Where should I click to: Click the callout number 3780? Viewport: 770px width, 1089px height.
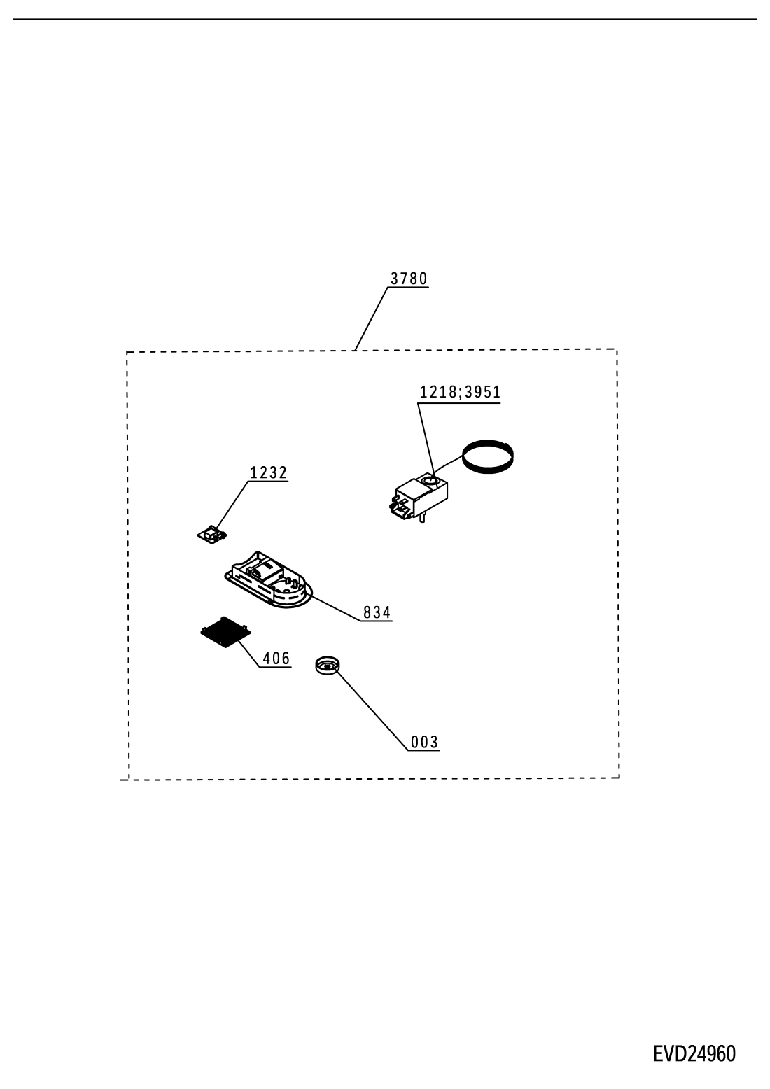[x=409, y=279]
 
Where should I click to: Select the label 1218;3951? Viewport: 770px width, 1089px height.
[x=460, y=392]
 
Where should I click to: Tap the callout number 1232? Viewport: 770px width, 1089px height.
[x=268, y=472]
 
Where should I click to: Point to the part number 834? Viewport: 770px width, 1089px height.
[x=377, y=612]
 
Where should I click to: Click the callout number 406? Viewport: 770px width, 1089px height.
[x=276, y=659]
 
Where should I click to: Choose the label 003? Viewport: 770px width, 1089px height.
[x=424, y=743]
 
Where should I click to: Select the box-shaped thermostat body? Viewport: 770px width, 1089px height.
[x=419, y=497]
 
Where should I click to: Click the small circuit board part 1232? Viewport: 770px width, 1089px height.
[x=212, y=534]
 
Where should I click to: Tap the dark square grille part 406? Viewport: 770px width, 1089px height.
[x=225, y=633]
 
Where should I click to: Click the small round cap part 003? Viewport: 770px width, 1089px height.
[x=327, y=665]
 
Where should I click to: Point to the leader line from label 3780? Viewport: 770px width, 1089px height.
[x=372, y=318]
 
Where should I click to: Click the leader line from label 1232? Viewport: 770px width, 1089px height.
[x=232, y=505]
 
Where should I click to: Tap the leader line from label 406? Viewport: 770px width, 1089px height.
[x=249, y=654]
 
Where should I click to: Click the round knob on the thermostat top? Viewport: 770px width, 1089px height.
[x=430, y=482]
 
